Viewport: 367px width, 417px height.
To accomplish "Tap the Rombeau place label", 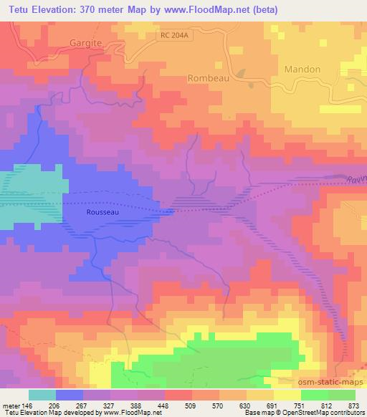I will (x=209, y=78).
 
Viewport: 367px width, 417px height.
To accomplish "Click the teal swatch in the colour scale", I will (x=42, y=395).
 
